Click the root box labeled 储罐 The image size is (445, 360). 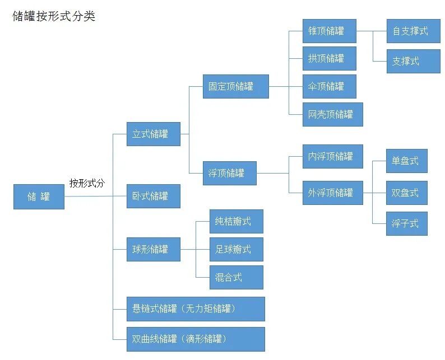pyautogui.click(x=39, y=197)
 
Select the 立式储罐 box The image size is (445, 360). pyautogui.click(x=153, y=134)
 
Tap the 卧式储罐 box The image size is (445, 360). pyautogui.click(x=153, y=196)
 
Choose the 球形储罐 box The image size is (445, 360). pyautogui.click(x=153, y=249)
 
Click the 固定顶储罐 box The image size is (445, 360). pyautogui.click(x=235, y=86)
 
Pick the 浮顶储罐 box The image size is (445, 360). pyautogui.click(x=230, y=173)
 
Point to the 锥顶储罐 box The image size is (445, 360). pyautogui.click(x=329, y=31)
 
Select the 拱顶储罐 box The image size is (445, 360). pyautogui.click(x=329, y=58)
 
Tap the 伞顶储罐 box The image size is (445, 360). pyautogui.click(x=329, y=86)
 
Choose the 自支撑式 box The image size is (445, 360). pyautogui.click(x=413, y=31)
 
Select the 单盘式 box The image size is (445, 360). pyautogui.click(x=406, y=161)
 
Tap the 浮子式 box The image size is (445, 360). pyautogui.click(x=406, y=223)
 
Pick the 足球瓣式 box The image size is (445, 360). pyautogui.click(x=235, y=249)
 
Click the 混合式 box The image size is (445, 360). pyautogui.click(x=235, y=277)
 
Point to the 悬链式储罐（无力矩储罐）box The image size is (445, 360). pyautogui.click(x=195, y=308)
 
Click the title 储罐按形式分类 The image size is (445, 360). pyautogui.click(x=54, y=16)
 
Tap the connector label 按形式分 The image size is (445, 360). pyautogui.click(x=87, y=183)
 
